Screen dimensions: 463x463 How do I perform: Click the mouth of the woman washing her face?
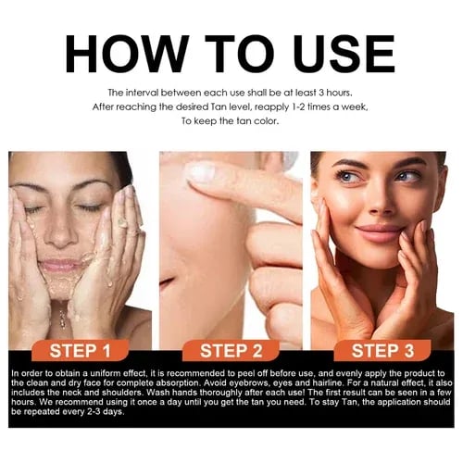(x=64, y=266)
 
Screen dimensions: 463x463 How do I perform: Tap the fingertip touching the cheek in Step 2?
(x=197, y=173)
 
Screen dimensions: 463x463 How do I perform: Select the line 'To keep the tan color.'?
(x=231, y=121)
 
